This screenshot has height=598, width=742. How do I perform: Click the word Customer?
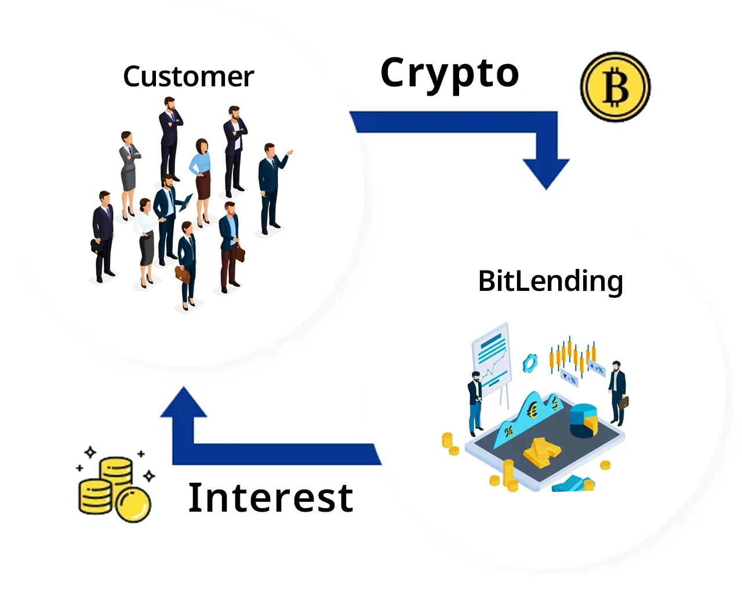tap(188, 77)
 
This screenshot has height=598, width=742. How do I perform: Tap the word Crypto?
tap(449, 74)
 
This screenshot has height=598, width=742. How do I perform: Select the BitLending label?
tap(550, 282)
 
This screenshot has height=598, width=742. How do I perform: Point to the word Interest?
tap(271, 498)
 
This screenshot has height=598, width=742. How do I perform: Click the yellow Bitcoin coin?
tap(615, 87)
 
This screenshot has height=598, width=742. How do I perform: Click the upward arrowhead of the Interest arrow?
tap(184, 403)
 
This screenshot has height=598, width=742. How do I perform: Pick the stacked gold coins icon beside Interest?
tap(114, 488)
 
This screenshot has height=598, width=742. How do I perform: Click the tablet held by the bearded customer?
tap(185, 203)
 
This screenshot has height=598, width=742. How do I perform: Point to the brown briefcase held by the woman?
tap(182, 274)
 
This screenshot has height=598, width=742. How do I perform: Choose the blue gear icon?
tap(530, 363)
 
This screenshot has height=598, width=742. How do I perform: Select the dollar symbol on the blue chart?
tap(555, 402)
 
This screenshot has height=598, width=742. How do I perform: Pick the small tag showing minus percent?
tap(570, 379)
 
